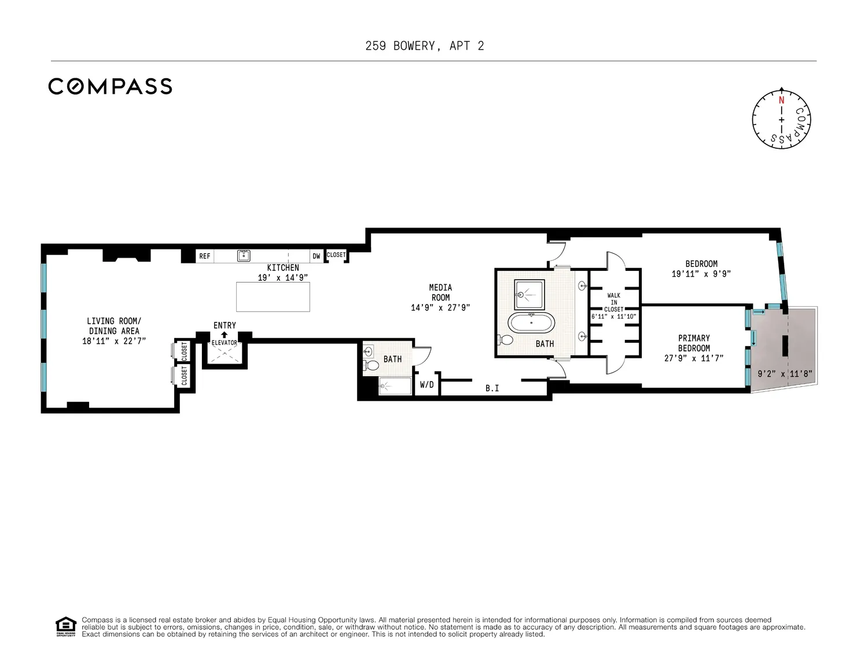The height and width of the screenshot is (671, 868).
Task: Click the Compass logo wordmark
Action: [x=111, y=86]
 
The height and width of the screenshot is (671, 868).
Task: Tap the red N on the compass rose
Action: [x=781, y=100]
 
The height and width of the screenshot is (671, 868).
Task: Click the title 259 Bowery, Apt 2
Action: [x=425, y=46]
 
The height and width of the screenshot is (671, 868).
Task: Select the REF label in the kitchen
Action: [x=204, y=256]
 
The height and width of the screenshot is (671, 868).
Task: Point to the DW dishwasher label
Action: [x=317, y=256]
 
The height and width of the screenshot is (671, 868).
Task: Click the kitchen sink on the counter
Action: [x=244, y=255]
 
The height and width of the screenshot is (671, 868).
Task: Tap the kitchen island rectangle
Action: [x=273, y=297]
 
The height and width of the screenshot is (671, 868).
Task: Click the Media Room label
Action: [x=440, y=292]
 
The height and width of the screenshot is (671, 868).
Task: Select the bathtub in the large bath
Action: [x=531, y=323]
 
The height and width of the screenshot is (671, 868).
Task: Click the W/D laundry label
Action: [x=426, y=384]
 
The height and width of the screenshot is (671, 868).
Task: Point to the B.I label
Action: [x=492, y=388]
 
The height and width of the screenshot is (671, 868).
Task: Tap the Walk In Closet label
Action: [x=614, y=302]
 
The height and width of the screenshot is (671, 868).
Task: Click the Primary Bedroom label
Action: [x=694, y=343]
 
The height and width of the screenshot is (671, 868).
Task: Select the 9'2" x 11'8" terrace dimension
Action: [x=785, y=373]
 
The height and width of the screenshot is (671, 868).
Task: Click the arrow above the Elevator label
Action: [x=224, y=335]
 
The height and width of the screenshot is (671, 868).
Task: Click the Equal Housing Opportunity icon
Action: [x=65, y=626]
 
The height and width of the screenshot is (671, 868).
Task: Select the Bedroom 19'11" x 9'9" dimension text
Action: [x=701, y=274]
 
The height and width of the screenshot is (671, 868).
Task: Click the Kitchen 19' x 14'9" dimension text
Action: [x=283, y=277]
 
